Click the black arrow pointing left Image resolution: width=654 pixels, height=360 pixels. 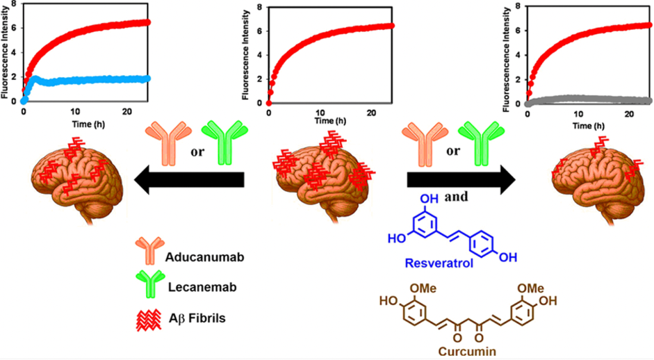188,180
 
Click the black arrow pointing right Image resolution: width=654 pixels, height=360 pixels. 461,180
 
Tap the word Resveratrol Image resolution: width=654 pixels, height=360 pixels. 439,263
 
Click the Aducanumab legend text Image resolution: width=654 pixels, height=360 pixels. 204,257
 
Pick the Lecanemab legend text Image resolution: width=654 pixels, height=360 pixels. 202,287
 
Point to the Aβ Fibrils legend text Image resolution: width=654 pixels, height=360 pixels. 197,318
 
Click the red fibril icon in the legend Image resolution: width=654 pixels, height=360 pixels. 149,320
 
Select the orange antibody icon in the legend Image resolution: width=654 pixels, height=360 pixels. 149,252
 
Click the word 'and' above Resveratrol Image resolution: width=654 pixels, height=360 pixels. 456,196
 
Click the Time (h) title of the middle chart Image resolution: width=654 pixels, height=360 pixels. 330,121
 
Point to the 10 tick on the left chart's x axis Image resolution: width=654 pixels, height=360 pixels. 75,111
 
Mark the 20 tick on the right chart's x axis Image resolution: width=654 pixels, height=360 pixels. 630,114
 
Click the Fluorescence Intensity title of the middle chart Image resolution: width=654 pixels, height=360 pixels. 245,55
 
